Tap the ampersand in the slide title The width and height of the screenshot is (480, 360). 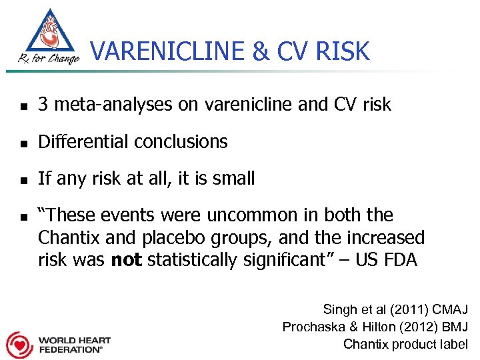point(246,51)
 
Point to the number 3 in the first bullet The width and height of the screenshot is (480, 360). point(43,105)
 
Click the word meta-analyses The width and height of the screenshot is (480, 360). point(108,105)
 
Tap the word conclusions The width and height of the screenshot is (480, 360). point(181,142)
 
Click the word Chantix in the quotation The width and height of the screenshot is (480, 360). point(67,238)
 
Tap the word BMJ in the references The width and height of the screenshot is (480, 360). point(454,327)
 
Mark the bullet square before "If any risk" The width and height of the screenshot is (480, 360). point(23,179)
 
